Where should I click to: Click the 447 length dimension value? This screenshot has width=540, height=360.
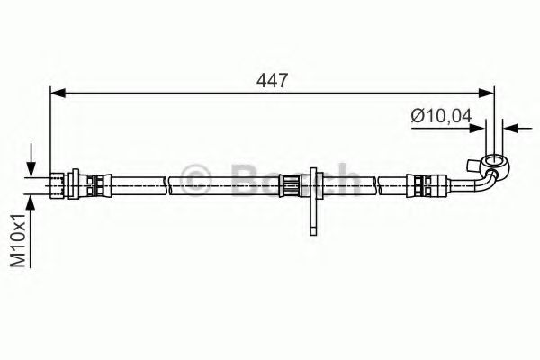(x=272, y=79)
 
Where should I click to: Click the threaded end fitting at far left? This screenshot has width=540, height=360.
(x=58, y=185)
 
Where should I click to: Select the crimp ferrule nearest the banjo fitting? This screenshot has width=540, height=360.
(x=419, y=185)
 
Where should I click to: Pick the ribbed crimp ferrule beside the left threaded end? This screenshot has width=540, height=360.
(x=93, y=185)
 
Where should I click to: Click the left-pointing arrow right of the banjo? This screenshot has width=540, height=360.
(x=509, y=128)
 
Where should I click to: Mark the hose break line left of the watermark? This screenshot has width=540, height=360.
(x=167, y=185)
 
